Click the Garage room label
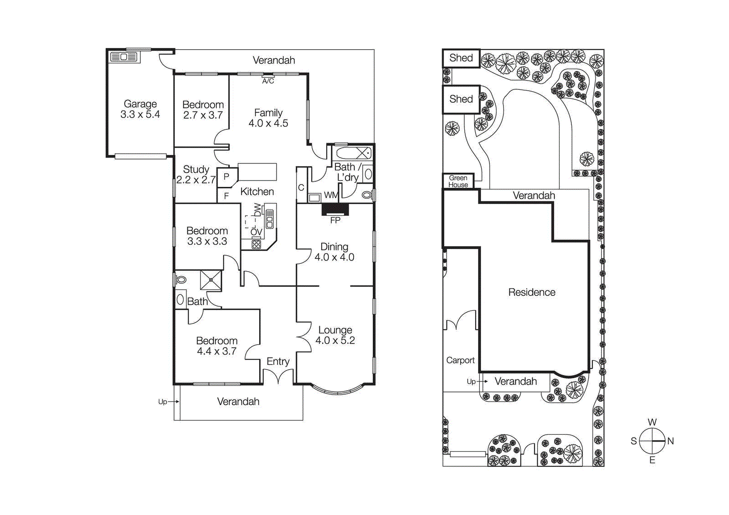[x=140, y=109]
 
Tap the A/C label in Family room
[x=268, y=81]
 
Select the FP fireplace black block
[x=335, y=209]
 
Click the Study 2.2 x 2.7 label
[x=196, y=175]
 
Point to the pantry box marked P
[x=226, y=177]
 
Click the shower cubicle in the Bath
[x=210, y=280]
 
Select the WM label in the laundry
[x=331, y=196]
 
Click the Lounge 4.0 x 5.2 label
[x=335, y=335]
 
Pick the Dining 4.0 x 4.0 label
[x=334, y=252]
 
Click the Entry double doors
[x=278, y=377]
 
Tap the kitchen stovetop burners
[x=257, y=244]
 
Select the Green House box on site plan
[x=458, y=181]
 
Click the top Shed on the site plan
[x=461, y=58]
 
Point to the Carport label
[x=460, y=360]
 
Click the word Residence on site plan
[x=532, y=292]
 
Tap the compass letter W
[x=652, y=422]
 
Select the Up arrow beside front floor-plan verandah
[x=168, y=402]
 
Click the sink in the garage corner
[x=124, y=57]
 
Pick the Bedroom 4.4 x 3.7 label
[x=217, y=346]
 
